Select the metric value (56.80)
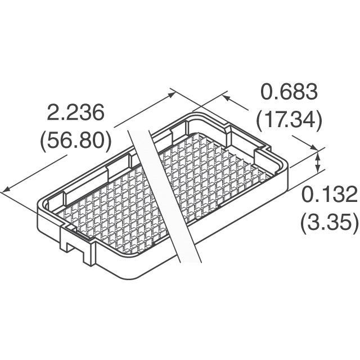click(x=76, y=141)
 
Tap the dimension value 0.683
click(x=290, y=92)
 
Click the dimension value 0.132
click(x=330, y=195)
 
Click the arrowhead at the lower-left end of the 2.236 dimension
click(x=6, y=189)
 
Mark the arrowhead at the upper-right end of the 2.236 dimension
click(x=171, y=94)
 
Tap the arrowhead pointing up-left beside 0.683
click(x=227, y=98)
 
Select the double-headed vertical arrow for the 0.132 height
click(x=318, y=163)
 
